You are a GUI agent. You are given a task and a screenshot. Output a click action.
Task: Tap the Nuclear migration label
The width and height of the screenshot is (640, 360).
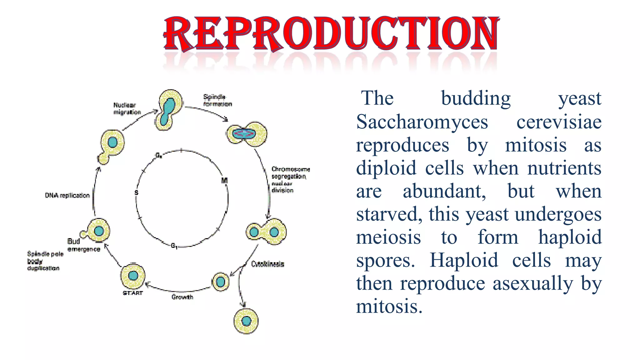(x=127, y=109)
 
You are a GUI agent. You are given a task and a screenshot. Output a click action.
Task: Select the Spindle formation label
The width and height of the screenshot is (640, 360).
(x=217, y=100)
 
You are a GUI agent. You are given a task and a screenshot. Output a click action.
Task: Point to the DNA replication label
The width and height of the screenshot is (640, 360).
(x=67, y=196)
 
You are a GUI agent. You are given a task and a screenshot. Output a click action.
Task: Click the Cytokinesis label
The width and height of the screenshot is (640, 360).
(x=268, y=264)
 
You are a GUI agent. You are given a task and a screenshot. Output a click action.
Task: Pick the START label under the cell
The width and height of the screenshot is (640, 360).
(x=133, y=293)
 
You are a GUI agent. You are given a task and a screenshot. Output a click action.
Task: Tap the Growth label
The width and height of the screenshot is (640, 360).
(x=182, y=297)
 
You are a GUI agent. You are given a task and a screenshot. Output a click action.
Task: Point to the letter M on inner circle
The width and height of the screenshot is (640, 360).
(x=224, y=181)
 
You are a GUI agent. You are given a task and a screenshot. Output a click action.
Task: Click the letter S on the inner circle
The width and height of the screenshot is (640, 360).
(x=136, y=192)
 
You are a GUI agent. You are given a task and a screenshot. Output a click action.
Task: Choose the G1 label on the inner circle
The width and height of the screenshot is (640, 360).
(x=174, y=246)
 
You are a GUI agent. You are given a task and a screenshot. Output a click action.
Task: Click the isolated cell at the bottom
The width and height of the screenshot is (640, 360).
(x=246, y=321)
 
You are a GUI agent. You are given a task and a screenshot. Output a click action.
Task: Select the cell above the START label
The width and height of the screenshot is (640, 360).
(x=133, y=276)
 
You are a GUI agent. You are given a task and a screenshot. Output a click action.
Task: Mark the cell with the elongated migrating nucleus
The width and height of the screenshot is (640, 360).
(x=169, y=110)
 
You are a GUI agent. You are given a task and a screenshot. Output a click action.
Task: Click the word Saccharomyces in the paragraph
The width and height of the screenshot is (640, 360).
(x=422, y=122)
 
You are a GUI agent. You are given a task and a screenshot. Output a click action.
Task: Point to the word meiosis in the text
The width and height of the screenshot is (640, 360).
(x=388, y=237)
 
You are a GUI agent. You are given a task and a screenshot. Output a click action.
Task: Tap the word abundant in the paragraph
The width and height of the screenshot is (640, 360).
(x=444, y=191)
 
